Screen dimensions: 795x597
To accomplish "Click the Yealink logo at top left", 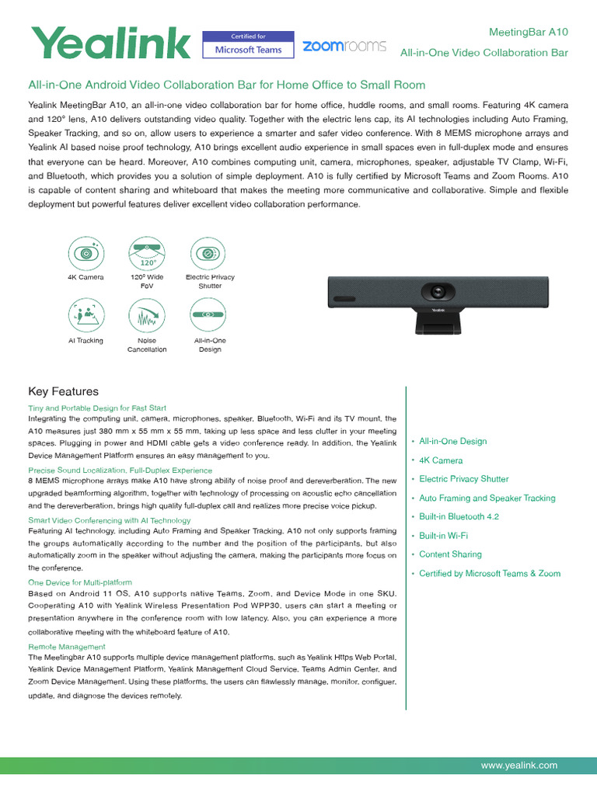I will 109,43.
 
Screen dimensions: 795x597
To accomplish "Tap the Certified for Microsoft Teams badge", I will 248,44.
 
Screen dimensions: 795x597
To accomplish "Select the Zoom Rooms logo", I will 344,46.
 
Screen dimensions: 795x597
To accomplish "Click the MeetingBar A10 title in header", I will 529,32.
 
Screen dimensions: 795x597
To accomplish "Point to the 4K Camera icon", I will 86,253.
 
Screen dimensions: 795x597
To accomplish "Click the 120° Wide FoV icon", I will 146,253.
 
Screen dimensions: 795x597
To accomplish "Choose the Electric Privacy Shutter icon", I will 208,253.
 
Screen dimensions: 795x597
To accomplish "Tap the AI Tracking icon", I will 86,316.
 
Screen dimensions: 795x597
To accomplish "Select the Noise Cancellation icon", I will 146,316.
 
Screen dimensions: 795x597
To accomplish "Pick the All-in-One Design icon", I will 208,316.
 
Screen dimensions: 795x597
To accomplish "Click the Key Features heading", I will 64,391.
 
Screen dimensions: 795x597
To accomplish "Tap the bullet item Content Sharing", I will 450,554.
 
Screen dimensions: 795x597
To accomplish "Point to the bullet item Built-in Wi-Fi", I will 443,536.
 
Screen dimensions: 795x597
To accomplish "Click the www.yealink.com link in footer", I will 518,765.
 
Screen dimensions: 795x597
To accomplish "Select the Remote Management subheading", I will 67,647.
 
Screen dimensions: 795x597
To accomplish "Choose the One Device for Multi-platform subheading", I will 80,582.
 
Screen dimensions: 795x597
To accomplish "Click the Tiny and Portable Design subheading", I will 97,408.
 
